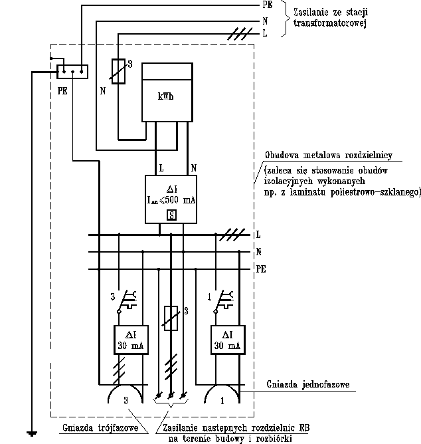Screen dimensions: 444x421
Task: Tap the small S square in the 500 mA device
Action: (171, 214)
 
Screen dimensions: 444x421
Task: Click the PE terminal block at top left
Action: (70, 70)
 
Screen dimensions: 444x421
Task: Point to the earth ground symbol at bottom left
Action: (31, 434)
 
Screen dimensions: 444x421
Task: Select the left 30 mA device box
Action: (129, 340)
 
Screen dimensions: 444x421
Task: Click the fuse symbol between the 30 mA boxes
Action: (171, 318)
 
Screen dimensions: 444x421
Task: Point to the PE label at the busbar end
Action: (262, 271)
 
